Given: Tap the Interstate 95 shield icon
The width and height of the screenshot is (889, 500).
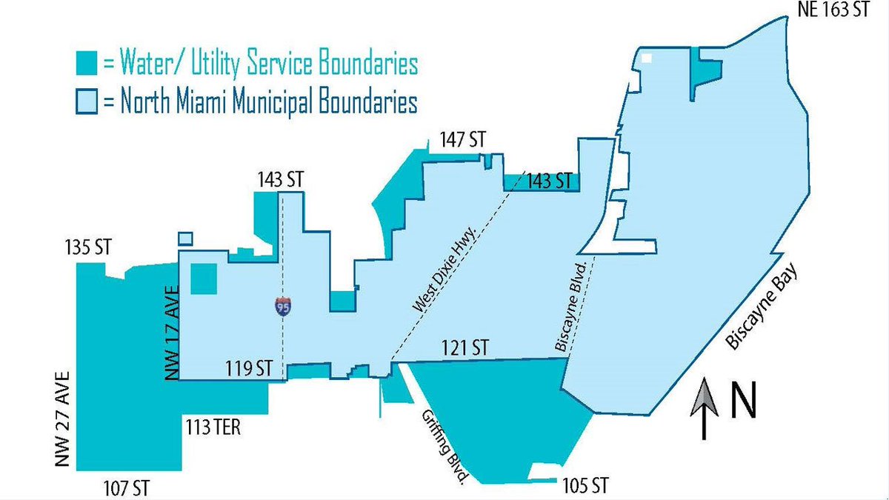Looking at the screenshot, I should [282, 305].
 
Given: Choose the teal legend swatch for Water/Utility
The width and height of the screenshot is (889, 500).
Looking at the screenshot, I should [87, 64].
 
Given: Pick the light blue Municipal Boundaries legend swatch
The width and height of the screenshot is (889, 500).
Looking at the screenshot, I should [87, 102].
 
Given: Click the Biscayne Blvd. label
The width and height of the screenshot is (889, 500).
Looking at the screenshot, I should [574, 304].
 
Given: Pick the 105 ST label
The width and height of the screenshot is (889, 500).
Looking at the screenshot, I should [584, 487].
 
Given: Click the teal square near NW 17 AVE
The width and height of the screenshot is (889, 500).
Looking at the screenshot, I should [204, 279].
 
